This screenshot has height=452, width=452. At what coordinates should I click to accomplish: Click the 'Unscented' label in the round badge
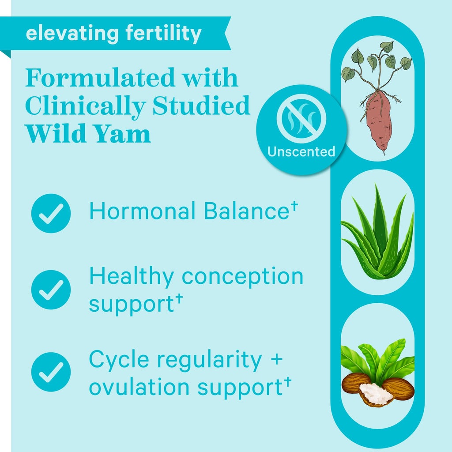[x=301, y=152]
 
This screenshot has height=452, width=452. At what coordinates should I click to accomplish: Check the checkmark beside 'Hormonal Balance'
[x=51, y=213]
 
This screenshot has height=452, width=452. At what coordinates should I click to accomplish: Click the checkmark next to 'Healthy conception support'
[x=51, y=290]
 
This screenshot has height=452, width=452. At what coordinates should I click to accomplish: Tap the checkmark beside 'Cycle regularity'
[x=51, y=372]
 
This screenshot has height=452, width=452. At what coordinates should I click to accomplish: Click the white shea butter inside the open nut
[x=376, y=393]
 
